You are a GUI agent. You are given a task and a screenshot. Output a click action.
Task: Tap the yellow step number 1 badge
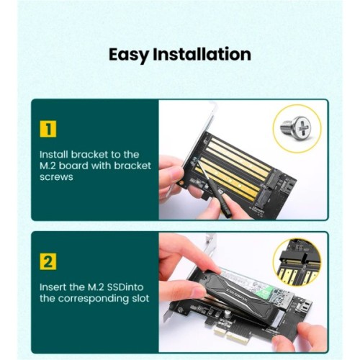[48, 129]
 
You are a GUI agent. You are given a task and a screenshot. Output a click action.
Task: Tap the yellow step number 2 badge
[48, 261]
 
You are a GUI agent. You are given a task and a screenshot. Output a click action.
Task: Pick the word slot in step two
[139, 299]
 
